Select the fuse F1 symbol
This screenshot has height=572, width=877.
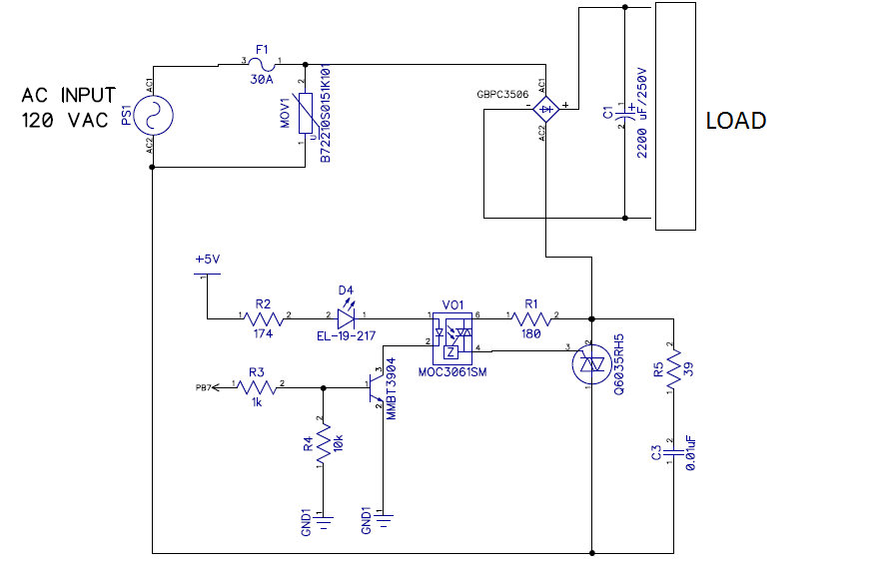(x=262, y=63)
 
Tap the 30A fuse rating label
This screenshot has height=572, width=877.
(x=263, y=82)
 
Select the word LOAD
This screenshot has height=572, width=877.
(x=735, y=121)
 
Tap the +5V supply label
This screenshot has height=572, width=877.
(x=207, y=259)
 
